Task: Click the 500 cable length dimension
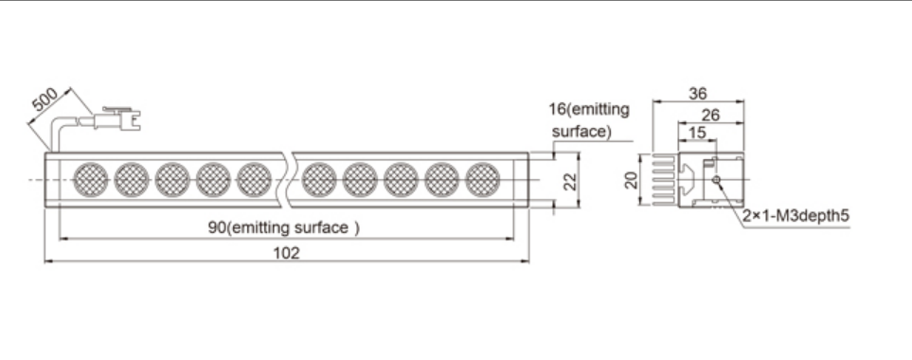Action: pos(45,99)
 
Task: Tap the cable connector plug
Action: pos(116,118)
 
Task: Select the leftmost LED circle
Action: pos(91,180)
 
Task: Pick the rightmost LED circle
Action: pos(483,180)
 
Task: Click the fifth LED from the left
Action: pos(254,180)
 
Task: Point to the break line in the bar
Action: pos(287,180)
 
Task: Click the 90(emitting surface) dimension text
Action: pos(284,227)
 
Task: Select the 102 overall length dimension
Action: pos(286,253)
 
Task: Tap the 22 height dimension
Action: pos(571,181)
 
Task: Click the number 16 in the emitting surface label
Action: pos(557,109)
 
